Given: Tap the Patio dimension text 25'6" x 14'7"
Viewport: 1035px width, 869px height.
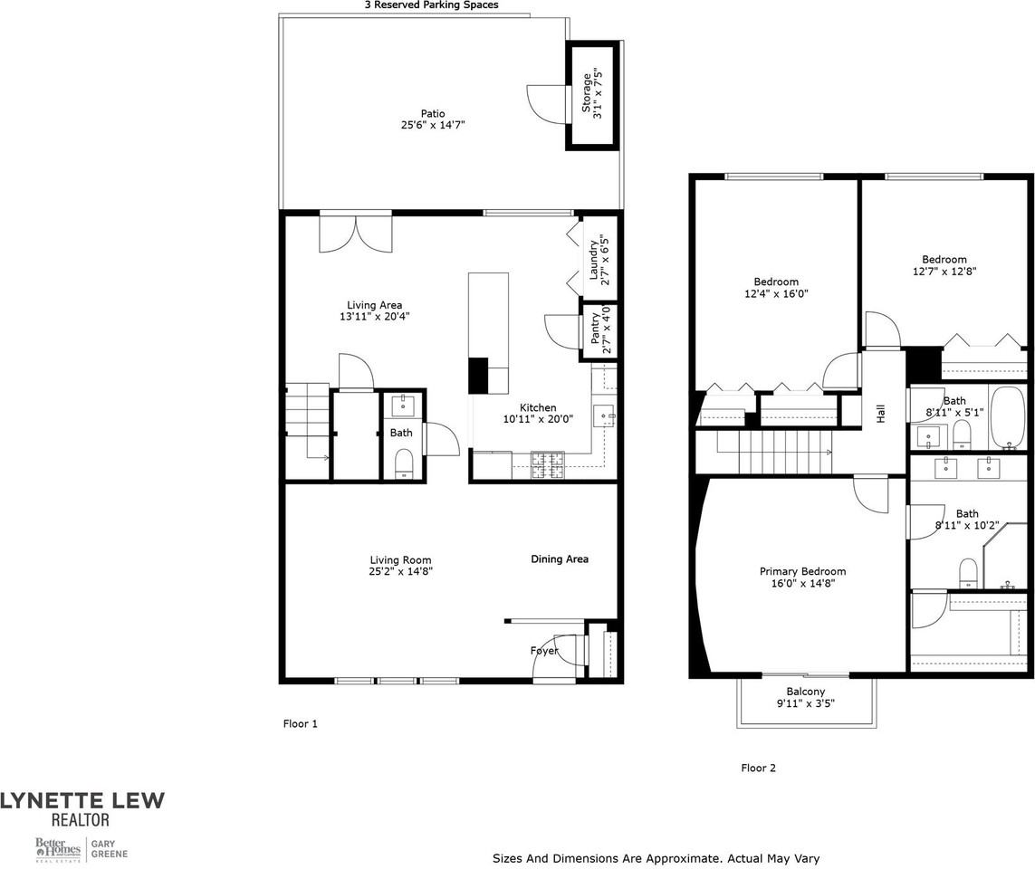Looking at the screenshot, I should pos(432,125).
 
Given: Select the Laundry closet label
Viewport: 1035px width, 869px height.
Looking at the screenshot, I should pos(594,259).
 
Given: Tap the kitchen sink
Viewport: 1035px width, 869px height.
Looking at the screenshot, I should pos(604,416).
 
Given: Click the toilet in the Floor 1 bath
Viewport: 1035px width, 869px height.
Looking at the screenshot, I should pos(403,463).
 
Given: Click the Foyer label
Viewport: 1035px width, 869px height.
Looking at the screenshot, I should pos(544,651).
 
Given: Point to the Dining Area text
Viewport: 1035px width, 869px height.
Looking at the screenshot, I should pos(559,559).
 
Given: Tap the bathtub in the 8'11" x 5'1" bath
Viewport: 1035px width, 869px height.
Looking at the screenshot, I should pos(1007,418).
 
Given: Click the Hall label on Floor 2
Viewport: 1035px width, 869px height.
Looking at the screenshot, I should pos(880,413).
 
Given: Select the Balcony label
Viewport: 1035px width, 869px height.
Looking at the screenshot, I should pos(805,692).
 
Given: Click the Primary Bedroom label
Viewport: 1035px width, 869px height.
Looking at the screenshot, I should pos(802,571).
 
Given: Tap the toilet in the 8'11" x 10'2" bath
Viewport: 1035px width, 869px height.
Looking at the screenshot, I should pos(968,570).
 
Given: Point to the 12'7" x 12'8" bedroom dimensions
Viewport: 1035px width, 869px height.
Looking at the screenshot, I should pos(944,271).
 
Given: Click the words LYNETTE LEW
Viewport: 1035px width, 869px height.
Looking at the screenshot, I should pos(82,800).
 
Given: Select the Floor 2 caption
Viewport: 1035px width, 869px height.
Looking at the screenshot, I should pos(758,769).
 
